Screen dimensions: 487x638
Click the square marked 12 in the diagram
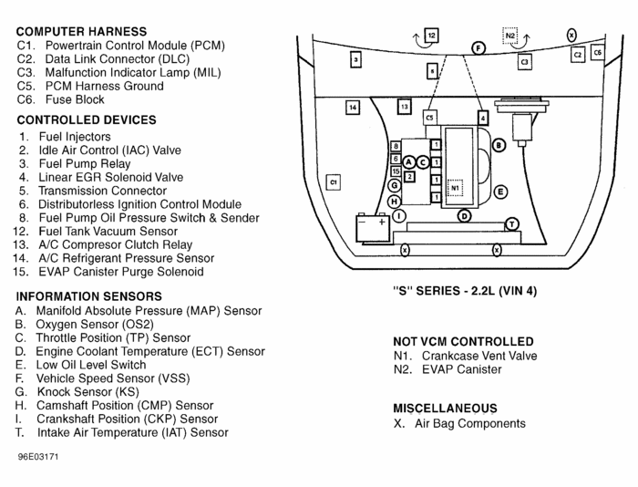tap(432, 35)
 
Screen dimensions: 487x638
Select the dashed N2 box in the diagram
tap(510, 36)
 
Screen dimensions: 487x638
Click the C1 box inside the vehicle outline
tap(334, 182)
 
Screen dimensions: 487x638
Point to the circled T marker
tap(512, 224)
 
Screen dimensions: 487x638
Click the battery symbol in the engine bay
tap(373, 224)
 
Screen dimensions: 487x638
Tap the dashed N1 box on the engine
tap(456, 188)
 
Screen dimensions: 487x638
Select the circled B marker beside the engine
tap(499, 145)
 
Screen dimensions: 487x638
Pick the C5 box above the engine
tap(430, 118)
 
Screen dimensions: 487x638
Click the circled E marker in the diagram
tap(500, 192)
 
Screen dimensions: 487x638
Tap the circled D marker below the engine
tap(464, 216)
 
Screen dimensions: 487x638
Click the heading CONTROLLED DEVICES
tap(87, 119)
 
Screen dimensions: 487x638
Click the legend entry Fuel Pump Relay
tap(84, 164)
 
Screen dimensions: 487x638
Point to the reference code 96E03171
tap(37, 455)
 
